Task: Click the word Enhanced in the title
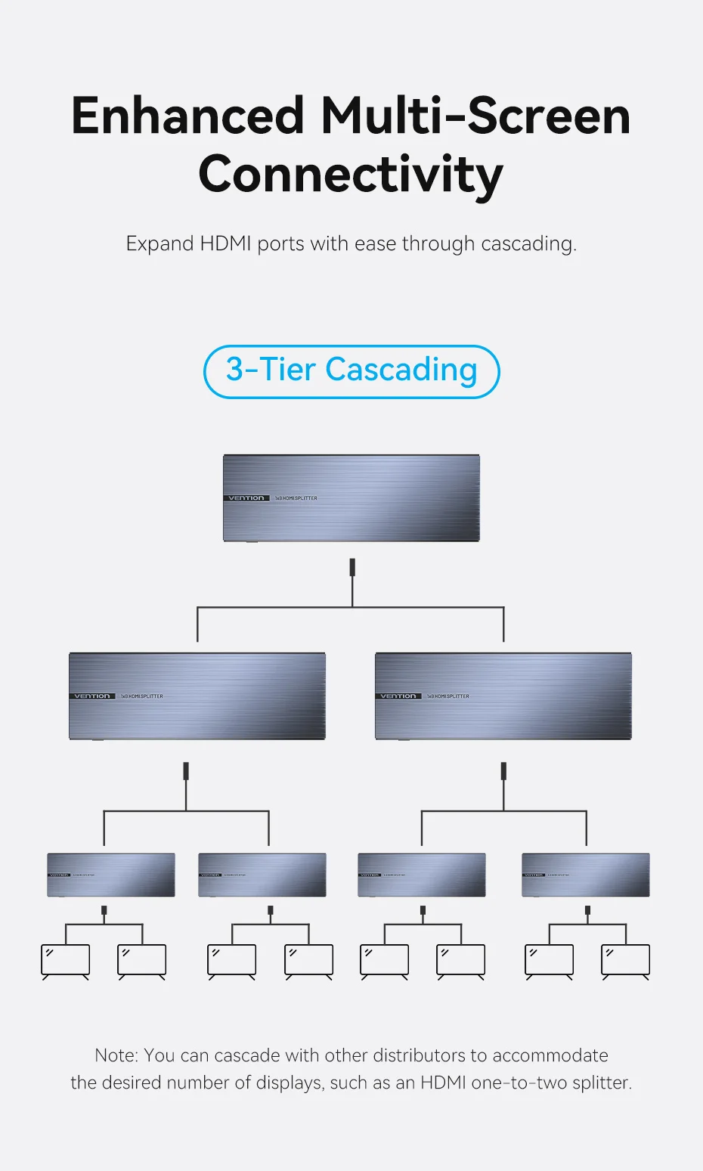tap(187, 116)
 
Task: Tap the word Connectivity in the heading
tap(351, 175)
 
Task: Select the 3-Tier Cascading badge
tap(351, 371)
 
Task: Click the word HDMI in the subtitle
tap(225, 244)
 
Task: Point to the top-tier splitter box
tap(351, 497)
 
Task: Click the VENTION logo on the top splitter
tap(246, 498)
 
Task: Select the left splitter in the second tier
tap(197, 695)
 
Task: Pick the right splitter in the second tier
tap(503, 695)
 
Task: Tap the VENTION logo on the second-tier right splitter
tap(398, 696)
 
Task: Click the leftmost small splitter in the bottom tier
tap(111, 875)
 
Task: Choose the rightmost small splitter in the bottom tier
tap(586, 875)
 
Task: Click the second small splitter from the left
tap(262, 875)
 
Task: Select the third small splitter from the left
tap(422, 875)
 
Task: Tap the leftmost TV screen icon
tap(65, 960)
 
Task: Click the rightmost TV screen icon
tap(625, 960)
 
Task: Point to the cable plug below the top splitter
tap(352, 568)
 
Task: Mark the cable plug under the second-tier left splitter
tap(186, 771)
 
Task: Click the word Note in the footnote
tap(116, 1055)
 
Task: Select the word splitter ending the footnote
tap(600, 1083)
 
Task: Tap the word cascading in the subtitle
tap(528, 244)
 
